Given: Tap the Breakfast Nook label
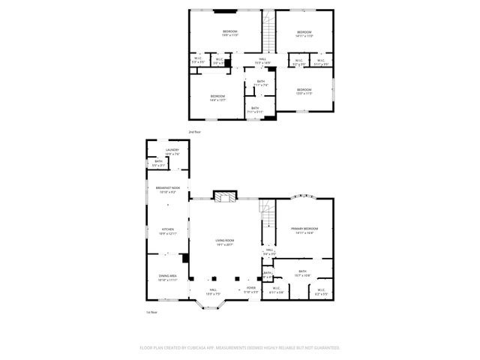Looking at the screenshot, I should tap(167, 187).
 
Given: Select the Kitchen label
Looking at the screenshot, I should tap(167, 229).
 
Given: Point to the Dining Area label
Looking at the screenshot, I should tap(167, 276).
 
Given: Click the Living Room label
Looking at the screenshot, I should tap(225, 240).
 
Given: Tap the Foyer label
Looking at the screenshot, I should tap(250, 288).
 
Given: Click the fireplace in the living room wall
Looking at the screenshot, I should tap(225, 196).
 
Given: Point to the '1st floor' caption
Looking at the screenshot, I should tap(152, 312).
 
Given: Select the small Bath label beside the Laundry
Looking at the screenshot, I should tap(159, 161).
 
